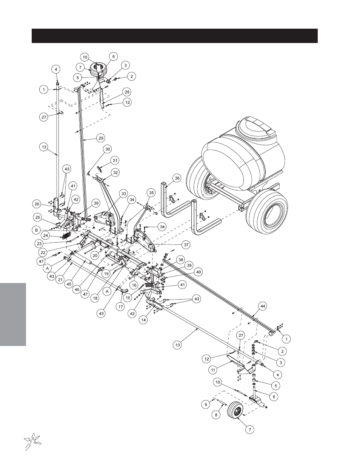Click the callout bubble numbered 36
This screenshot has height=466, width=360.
[177, 178]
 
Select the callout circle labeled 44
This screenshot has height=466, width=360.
[263, 306]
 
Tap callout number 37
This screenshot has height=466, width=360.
[186, 245]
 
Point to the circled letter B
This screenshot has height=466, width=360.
[36, 230]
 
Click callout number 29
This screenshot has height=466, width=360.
[101, 138]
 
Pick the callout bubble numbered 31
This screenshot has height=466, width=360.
[115, 160]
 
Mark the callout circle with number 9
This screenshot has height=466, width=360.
[206, 404]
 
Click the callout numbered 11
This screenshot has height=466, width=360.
[213, 370]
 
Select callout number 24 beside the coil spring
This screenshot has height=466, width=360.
[45, 236]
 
